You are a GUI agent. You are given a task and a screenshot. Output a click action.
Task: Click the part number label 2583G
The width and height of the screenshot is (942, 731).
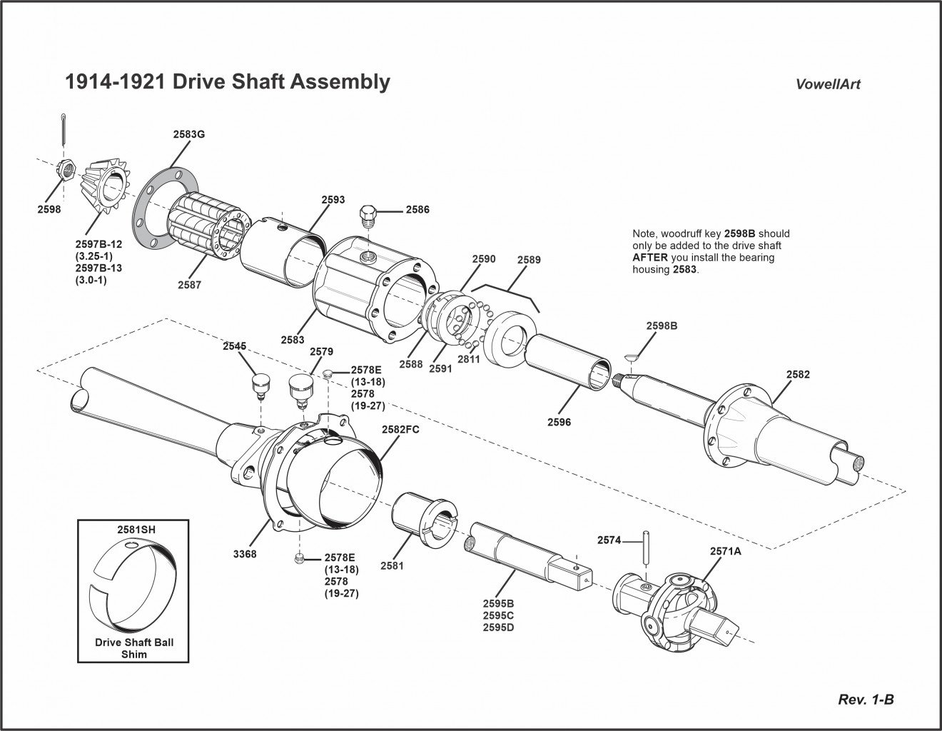tap(189, 133)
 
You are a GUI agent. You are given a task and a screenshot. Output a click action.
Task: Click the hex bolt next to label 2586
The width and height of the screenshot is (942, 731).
tap(369, 213)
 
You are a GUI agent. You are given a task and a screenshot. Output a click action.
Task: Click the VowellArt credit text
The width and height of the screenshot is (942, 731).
tap(828, 84)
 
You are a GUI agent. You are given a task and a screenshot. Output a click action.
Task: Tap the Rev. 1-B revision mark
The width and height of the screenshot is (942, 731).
tap(866, 699)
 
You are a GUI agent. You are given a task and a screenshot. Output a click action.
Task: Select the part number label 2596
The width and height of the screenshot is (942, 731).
tap(559, 422)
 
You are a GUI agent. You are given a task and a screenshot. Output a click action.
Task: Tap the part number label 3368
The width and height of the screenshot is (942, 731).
tap(245, 553)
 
